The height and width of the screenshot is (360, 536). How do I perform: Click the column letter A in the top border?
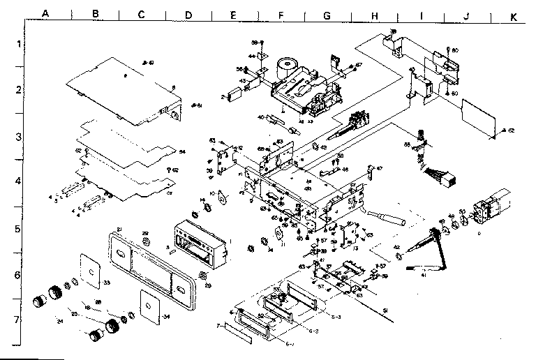pyautogui.click(x=45, y=13)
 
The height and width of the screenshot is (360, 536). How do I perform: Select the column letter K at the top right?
pyautogui.click(x=514, y=13)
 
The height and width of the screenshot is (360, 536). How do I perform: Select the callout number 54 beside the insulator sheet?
pyautogui.click(x=182, y=151)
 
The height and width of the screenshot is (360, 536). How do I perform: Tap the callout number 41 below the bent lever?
pyautogui.click(x=422, y=274)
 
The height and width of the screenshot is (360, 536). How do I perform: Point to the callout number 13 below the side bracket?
pyautogui.click(x=355, y=248)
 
